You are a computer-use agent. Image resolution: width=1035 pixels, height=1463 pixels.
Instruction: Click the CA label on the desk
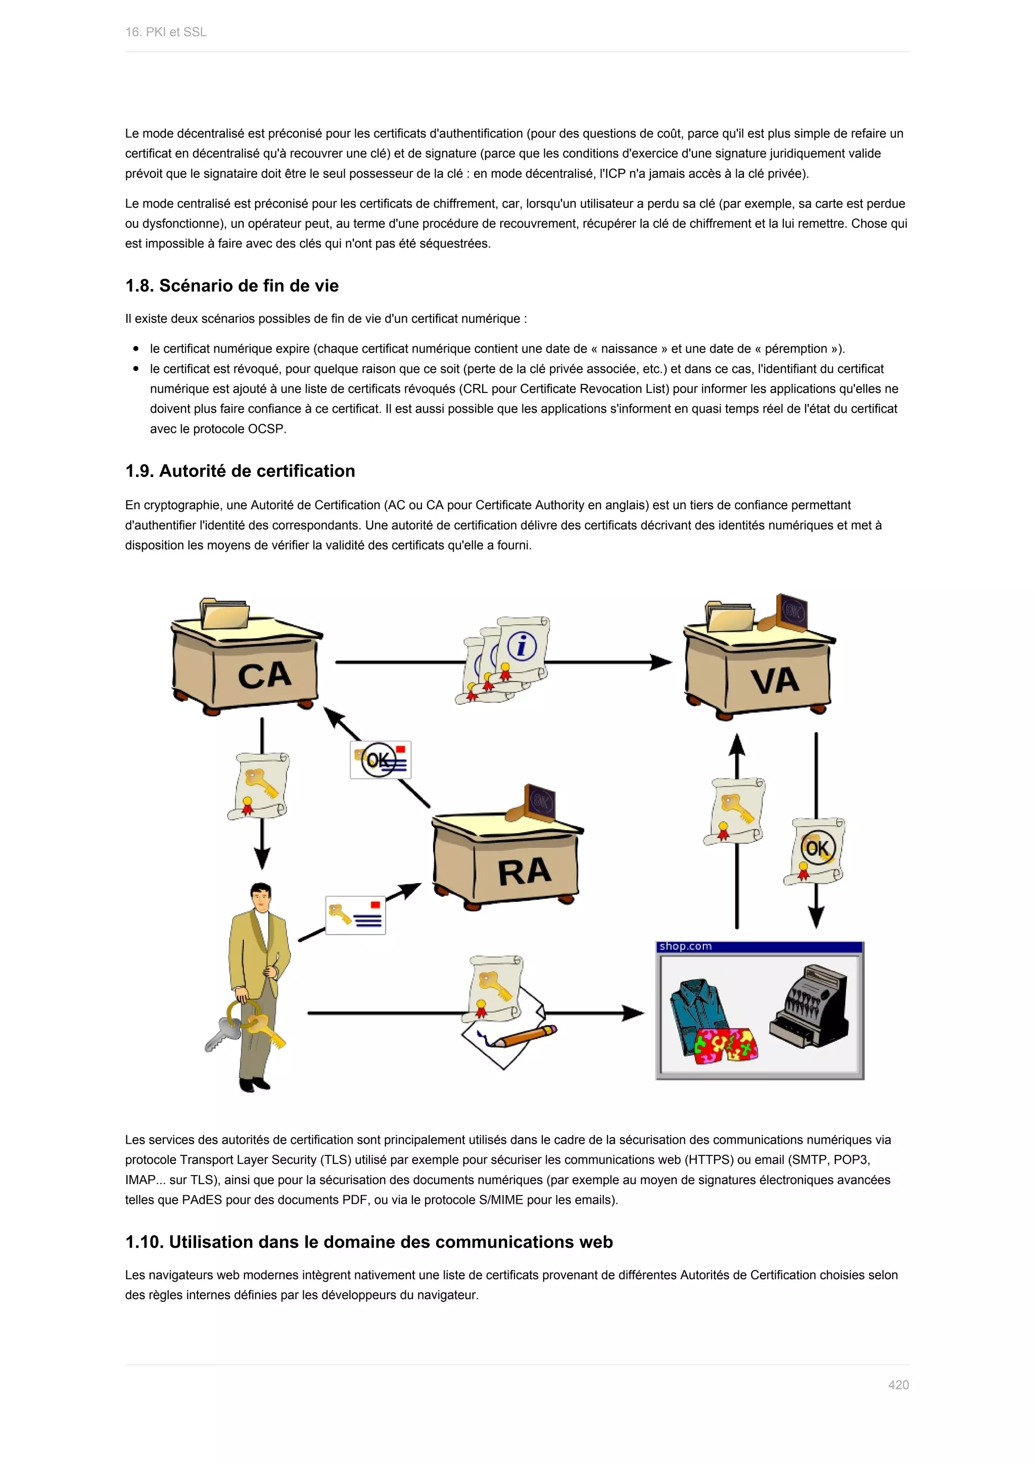pos(264,675)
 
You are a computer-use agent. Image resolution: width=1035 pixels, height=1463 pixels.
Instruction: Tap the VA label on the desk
pos(774,680)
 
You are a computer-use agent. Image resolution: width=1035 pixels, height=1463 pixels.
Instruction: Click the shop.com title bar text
pos(685,946)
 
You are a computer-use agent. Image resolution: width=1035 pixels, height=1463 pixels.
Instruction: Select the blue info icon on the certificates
pos(522,647)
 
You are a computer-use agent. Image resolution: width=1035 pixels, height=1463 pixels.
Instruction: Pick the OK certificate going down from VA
pos(816,851)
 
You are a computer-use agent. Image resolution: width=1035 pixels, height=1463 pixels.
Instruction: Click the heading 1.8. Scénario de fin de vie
pos(232,285)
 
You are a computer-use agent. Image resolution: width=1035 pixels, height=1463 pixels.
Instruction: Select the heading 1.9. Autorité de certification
pos(240,471)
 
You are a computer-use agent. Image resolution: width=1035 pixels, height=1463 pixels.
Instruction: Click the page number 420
pos(898,1385)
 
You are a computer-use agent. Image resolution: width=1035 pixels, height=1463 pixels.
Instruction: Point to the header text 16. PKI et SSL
pos(166,32)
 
